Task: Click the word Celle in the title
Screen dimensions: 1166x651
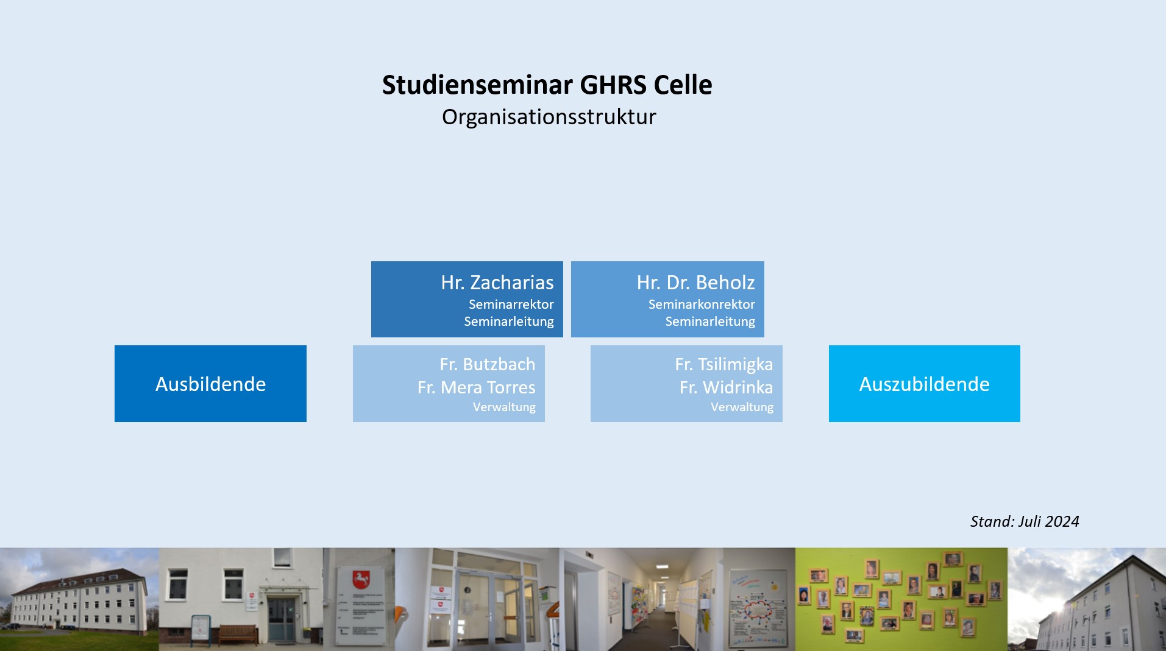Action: (683, 85)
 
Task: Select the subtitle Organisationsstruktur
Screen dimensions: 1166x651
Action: (549, 117)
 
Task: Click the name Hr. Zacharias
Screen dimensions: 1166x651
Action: (497, 283)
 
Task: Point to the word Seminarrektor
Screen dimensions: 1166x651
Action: (511, 304)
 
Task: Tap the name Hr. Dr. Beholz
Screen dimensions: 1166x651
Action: (695, 283)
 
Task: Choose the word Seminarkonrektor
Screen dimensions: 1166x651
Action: (702, 304)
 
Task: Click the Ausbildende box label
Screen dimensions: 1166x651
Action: (210, 384)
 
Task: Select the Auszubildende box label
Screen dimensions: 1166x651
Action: (924, 384)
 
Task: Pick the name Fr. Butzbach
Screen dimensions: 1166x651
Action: (487, 364)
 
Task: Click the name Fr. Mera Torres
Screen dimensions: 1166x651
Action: (476, 387)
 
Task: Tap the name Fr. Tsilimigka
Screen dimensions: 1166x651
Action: (723, 364)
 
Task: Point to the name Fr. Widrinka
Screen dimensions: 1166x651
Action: (726, 387)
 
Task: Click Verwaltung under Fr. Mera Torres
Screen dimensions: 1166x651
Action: (504, 407)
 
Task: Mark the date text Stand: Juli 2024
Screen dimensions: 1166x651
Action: (1025, 521)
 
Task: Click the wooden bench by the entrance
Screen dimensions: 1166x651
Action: (238, 634)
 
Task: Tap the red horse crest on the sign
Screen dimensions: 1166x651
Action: (361, 579)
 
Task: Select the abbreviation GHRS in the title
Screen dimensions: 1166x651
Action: (613, 85)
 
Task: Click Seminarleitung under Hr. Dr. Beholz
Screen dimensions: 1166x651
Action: (710, 321)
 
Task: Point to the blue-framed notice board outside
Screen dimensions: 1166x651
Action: (201, 628)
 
